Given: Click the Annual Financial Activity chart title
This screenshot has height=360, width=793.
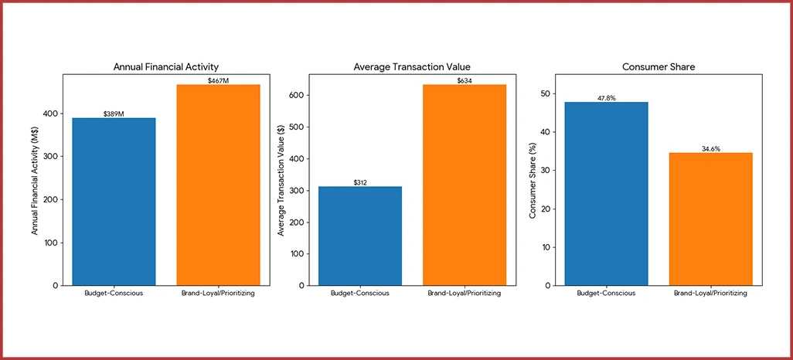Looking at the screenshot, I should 166,67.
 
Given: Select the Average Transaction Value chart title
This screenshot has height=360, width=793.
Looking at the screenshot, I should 412,67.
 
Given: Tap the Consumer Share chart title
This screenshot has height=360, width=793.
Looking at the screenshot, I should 659,67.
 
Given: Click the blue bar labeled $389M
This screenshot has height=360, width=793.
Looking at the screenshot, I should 114,202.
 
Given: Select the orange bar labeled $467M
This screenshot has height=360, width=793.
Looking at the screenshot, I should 219,185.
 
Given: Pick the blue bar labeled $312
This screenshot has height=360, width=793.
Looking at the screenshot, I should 360,236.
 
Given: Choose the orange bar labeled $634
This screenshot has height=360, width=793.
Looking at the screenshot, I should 465,185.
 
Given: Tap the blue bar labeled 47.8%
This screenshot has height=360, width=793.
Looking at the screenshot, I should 607,193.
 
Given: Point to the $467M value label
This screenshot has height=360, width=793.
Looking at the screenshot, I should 219,80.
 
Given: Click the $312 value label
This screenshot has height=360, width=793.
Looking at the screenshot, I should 360,182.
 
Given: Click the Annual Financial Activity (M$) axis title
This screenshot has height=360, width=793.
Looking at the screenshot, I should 36,181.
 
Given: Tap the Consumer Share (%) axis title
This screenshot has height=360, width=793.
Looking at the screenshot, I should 533,181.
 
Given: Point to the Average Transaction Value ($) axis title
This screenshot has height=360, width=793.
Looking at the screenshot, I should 282,181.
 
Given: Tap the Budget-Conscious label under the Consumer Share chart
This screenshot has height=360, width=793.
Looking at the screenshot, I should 607,294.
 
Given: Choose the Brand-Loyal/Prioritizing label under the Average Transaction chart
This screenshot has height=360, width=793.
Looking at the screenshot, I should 465,294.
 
